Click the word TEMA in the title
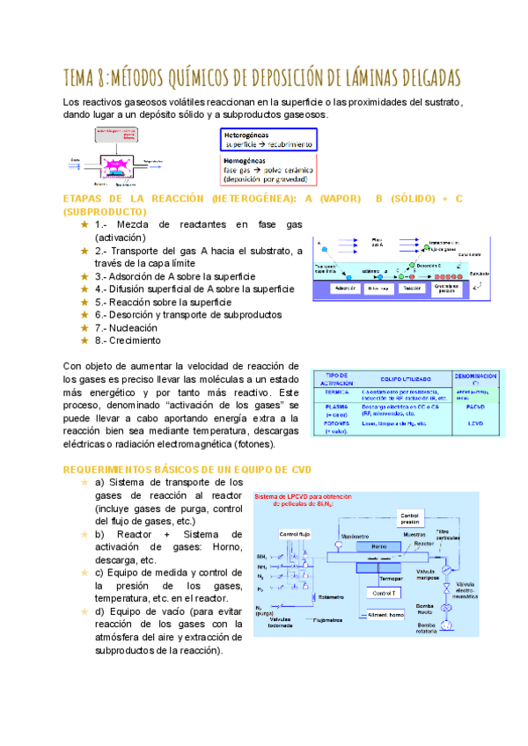(x=85, y=77)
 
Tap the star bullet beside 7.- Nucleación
(x=84, y=326)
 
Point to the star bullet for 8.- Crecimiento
(x=84, y=340)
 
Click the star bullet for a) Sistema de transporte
(x=84, y=482)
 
